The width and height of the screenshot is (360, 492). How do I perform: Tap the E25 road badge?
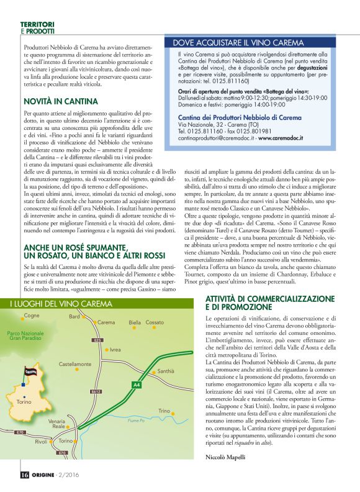(x=97, y=340)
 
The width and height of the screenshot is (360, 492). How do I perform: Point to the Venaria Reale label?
(x=56, y=424)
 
